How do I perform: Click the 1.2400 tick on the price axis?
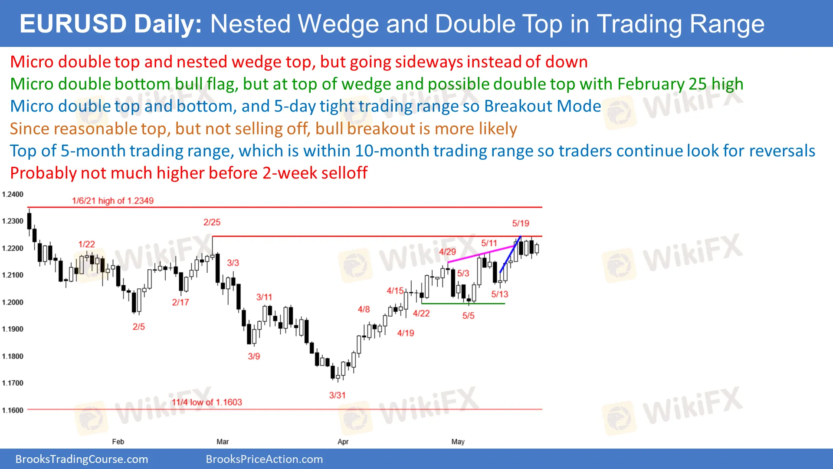coord(13,194)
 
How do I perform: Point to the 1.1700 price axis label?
coord(13,383)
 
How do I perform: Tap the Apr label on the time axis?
coord(343,442)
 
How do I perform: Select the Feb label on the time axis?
coord(118,442)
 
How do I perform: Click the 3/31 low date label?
coord(337,395)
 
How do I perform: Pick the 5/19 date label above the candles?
coord(521,223)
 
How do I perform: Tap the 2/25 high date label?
coord(212,222)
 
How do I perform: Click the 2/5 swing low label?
coord(139,327)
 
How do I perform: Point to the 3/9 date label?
coord(254,356)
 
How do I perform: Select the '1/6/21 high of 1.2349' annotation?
coord(113,201)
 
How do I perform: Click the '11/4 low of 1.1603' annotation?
coord(207,402)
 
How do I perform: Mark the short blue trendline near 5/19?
coord(510,254)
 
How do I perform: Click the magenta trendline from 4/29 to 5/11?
coord(482,254)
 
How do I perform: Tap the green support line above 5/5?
coord(463,304)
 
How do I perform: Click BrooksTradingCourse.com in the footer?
coord(82,459)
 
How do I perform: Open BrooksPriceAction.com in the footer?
coord(264,459)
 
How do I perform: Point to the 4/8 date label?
coord(364,309)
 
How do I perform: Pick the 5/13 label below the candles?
coord(499,294)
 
